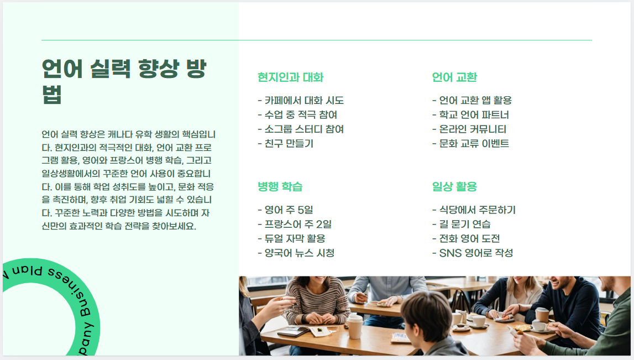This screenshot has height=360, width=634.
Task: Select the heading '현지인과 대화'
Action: tap(290, 77)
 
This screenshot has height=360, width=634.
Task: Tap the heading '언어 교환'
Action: tap(454, 77)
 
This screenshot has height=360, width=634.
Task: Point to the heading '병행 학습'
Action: tap(280, 186)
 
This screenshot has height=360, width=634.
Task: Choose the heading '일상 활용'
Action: tap(454, 186)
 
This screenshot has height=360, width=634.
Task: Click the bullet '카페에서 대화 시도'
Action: tap(301, 101)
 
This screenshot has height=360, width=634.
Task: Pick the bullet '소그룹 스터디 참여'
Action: tap(301, 129)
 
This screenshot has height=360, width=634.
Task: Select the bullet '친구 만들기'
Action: tap(286, 144)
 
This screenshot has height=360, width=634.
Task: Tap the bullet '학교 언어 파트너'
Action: tap(470, 115)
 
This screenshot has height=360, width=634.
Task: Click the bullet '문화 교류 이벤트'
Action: tap(470, 144)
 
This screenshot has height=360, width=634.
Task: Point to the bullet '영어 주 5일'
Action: tap(285, 210)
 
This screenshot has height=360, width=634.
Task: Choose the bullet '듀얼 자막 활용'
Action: tap(291, 239)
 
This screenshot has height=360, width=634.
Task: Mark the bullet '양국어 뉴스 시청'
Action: tap(296, 253)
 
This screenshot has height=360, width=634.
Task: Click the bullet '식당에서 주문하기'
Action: tap(474, 210)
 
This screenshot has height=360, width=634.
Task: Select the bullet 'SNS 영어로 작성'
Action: tap(473, 253)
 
